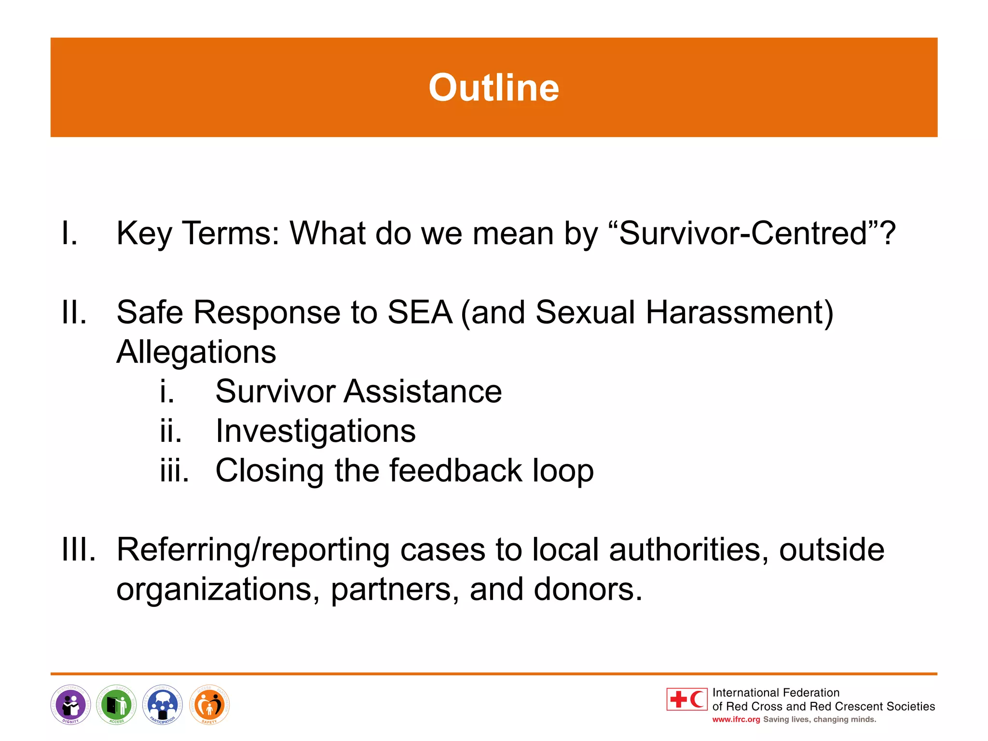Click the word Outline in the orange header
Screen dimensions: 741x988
click(x=494, y=88)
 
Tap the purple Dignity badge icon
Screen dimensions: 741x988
click(x=70, y=705)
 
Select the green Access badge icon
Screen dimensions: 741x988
click(x=116, y=705)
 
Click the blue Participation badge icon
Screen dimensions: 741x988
click(x=163, y=705)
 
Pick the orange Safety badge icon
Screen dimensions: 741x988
click(x=209, y=705)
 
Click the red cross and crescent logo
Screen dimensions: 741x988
click(x=687, y=699)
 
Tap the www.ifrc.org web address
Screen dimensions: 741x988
click(x=736, y=719)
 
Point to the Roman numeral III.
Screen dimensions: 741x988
click(x=79, y=549)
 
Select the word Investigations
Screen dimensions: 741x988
click(x=316, y=431)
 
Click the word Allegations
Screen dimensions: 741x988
click(x=196, y=352)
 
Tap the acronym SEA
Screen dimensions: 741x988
click(x=420, y=312)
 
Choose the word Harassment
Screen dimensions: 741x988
click(x=739, y=312)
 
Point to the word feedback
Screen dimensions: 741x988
click(x=455, y=470)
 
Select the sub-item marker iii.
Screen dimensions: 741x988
click(x=174, y=470)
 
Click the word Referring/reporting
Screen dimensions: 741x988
click(x=253, y=549)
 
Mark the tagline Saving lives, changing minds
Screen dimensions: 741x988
click(x=819, y=719)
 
